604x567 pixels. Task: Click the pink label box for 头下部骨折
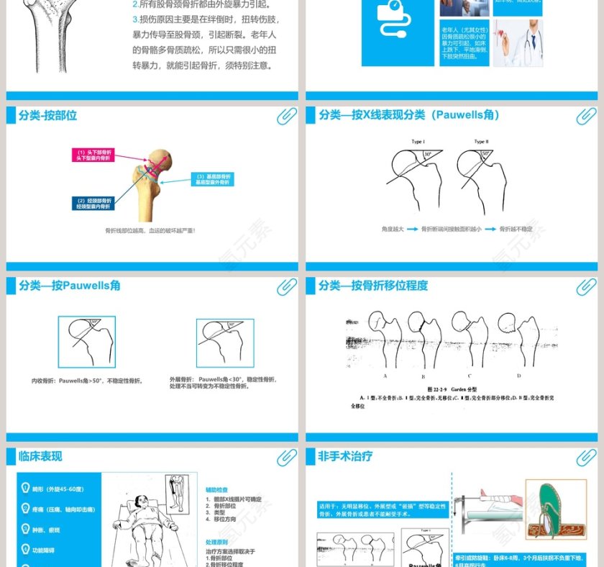pos(93,155)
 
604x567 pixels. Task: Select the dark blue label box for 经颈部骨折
pos(93,203)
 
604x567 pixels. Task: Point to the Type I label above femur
pos(418,142)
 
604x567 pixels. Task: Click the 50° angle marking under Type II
pos(485,154)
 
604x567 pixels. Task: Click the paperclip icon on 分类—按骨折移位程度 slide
pos(586,286)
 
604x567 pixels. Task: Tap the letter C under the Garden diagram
pos(469,376)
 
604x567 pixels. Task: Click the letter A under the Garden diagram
pos(385,376)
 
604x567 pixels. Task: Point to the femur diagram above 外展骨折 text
pos(224,343)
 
